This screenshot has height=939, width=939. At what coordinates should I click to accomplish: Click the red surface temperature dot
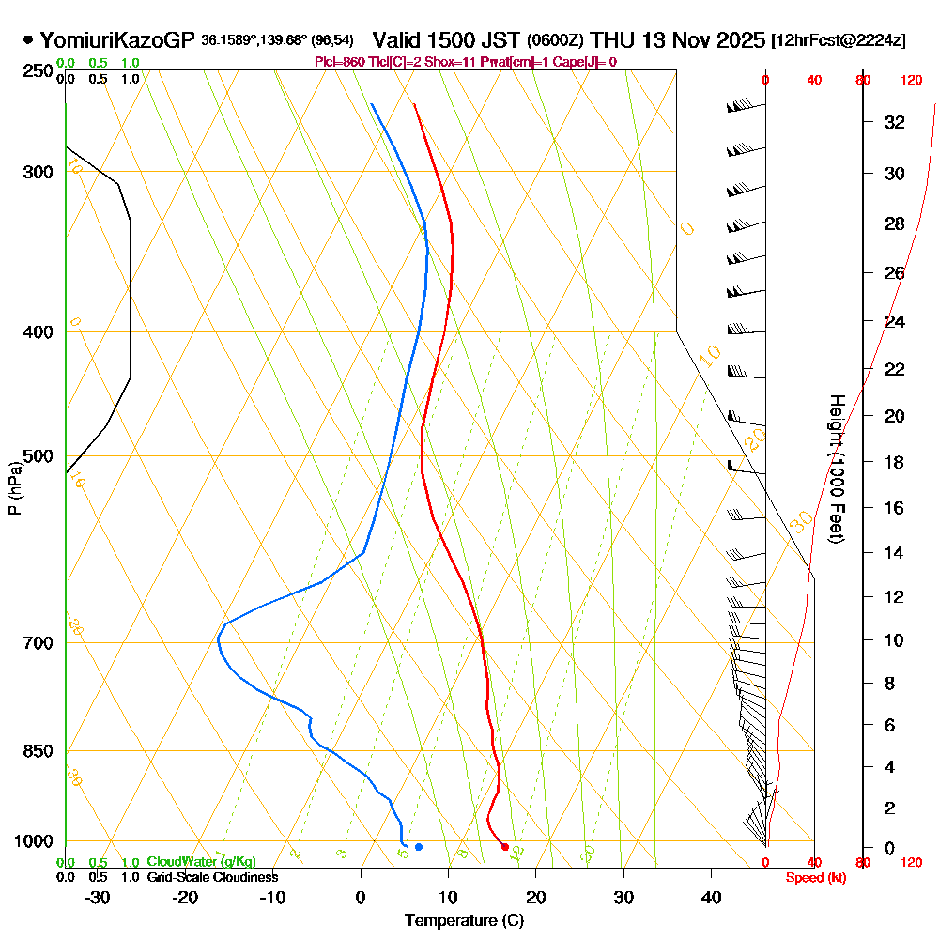click(505, 847)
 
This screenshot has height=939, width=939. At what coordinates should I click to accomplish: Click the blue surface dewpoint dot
click(419, 847)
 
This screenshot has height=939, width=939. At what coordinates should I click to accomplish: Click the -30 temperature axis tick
click(97, 897)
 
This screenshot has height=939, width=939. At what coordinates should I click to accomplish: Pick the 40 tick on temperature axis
click(711, 897)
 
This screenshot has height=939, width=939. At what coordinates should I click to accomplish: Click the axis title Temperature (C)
click(464, 921)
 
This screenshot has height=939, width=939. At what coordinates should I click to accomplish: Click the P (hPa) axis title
click(14, 488)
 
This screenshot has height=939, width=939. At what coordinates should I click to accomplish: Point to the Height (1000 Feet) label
click(835, 469)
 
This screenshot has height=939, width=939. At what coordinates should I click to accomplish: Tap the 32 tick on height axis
click(894, 122)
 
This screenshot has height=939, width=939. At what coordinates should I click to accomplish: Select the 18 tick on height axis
click(894, 462)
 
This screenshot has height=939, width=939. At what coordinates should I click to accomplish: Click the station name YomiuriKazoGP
click(117, 40)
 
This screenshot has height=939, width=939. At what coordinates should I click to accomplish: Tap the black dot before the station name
click(27, 40)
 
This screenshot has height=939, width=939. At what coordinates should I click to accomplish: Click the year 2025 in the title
click(738, 40)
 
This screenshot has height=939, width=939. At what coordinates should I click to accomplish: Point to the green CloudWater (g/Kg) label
click(201, 862)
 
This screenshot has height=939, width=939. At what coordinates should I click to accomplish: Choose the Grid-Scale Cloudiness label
click(212, 877)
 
